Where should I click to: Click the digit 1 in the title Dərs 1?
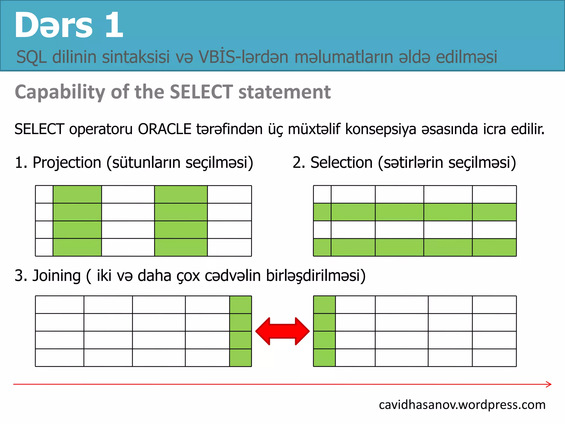pos(114,25)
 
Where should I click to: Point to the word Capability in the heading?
pos(60,92)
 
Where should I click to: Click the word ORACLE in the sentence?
pos(164,129)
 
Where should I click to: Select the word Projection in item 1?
pos(67,162)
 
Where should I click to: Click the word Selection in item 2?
pos(342,162)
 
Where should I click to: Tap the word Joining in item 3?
pos(57,275)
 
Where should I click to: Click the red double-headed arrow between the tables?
pos(282,331)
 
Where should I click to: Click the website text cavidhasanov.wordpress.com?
pos(462,405)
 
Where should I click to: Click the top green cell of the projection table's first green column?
pos(77,194)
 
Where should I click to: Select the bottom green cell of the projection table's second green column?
pos(181,247)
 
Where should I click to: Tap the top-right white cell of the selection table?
pos(494,194)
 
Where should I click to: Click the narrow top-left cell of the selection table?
pos(322,194)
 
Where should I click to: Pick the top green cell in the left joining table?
pos(240,304)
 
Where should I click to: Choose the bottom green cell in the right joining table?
pos(324,358)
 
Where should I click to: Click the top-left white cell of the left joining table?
pos(60,304)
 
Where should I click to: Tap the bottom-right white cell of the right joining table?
pos(494,358)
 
